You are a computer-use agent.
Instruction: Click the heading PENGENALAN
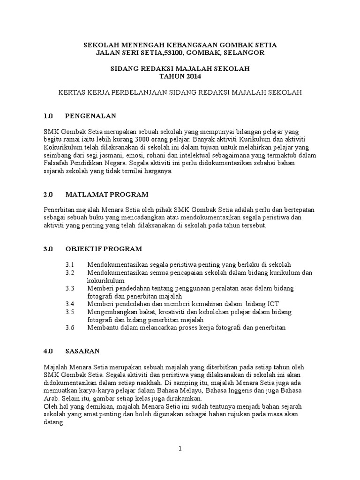(x=90, y=116)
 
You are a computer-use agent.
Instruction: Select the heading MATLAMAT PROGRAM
(x=107, y=194)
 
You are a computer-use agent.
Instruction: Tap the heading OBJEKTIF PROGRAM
(x=104, y=248)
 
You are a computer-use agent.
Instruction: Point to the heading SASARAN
(x=82, y=351)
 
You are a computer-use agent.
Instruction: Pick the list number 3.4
(x=70, y=304)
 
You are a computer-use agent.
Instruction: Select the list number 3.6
(x=70, y=327)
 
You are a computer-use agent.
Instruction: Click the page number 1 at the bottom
(x=180, y=449)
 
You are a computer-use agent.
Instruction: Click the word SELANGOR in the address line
(x=244, y=53)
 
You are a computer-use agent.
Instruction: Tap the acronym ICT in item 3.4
(x=274, y=304)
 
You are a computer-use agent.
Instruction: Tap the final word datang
(x=54, y=422)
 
